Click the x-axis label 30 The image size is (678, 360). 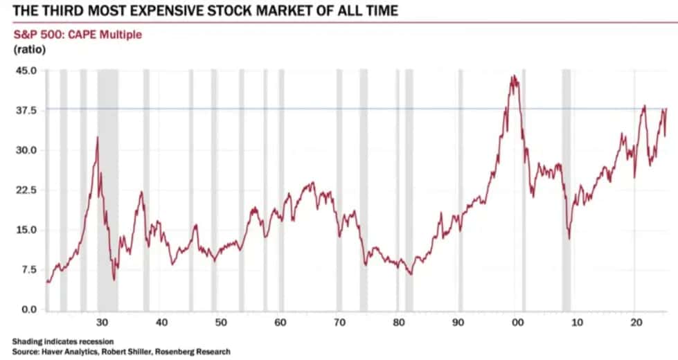102,323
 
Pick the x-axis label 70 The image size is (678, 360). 339,323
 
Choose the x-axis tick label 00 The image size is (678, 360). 517,323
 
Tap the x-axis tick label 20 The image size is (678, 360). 636,323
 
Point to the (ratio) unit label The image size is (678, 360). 26,49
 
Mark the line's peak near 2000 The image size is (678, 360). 513,76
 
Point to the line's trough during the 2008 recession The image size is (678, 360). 569,239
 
